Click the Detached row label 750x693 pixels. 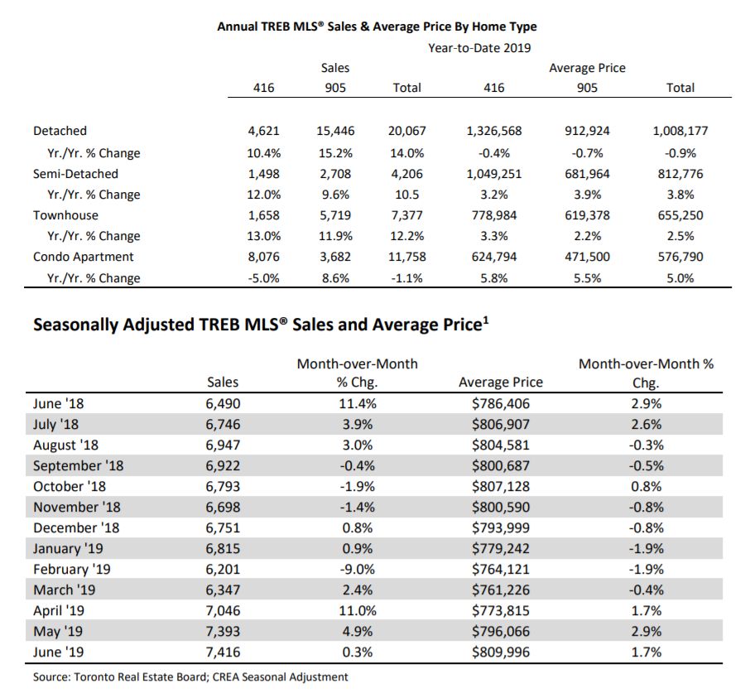60,131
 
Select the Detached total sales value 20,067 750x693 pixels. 407,131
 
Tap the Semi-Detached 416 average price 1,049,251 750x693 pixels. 494,174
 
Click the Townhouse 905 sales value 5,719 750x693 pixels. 335,215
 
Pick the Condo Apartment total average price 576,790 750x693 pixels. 680,257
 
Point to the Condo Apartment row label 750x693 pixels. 84,257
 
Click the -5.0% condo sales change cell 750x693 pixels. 263,278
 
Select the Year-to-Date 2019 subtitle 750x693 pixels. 479,48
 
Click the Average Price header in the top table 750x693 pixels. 587,68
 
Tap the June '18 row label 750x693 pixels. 58,404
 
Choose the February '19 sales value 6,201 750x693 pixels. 223,569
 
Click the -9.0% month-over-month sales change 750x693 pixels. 358,569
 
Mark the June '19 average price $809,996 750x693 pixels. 501,652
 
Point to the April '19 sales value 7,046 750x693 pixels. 223,611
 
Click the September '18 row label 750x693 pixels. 78,466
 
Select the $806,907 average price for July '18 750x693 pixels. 501,424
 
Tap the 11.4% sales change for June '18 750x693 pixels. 358,404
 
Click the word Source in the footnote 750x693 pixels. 50,677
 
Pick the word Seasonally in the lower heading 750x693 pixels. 75,325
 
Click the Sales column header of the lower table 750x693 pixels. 223,383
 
